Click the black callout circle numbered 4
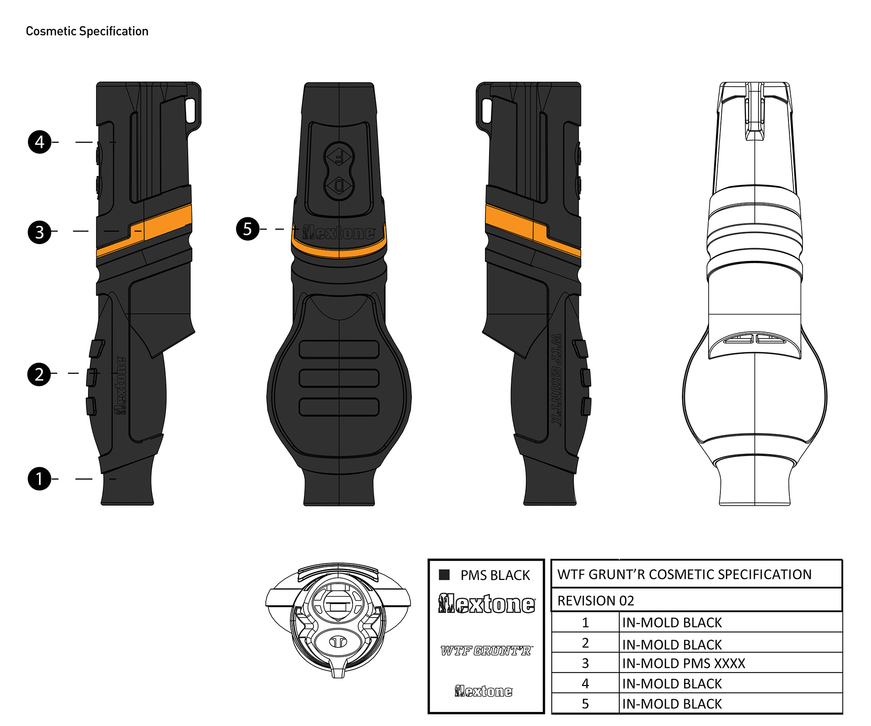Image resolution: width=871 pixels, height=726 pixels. (x=39, y=142)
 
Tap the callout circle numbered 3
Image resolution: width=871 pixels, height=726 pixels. (x=39, y=232)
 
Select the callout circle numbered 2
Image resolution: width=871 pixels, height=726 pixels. (x=39, y=374)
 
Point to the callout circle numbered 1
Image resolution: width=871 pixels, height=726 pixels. (x=39, y=479)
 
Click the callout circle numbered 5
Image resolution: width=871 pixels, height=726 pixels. (x=247, y=229)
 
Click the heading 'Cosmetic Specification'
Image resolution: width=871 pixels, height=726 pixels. (x=87, y=31)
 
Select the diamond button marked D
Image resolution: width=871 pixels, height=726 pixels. (x=339, y=185)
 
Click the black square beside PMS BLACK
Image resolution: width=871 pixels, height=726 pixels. (x=444, y=574)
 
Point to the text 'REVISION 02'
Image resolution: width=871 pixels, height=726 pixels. (x=596, y=600)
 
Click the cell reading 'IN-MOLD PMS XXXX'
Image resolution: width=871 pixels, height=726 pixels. (x=684, y=663)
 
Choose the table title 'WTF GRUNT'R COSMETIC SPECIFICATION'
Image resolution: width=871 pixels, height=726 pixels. (x=684, y=574)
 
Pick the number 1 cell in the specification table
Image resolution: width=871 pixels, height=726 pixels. (x=585, y=622)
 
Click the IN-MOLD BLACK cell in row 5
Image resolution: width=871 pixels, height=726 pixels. (x=672, y=703)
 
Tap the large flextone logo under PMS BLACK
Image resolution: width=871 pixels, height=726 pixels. (x=487, y=603)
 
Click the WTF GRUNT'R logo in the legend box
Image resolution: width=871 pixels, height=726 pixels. (x=486, y=651)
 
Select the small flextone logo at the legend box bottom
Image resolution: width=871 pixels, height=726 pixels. (x=484, y=691)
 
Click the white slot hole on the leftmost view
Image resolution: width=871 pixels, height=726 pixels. (x=191, y=110)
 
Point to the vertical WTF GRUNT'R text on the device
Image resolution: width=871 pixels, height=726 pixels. (x=556, y=379)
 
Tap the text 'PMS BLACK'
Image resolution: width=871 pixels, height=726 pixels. (x=495, y=575)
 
